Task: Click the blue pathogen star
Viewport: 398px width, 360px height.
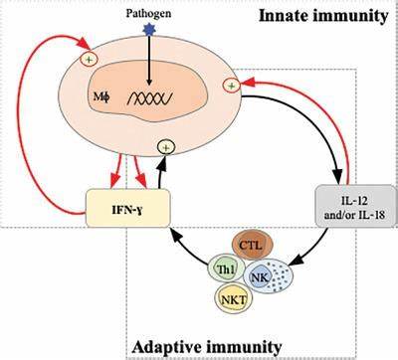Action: (149, 29)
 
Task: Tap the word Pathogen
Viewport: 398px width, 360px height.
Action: (148, 13)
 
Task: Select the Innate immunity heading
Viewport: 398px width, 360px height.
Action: (323, 16)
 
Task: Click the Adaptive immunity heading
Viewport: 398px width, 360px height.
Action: (207, 347)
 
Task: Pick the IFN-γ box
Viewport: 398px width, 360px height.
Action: (128, 208)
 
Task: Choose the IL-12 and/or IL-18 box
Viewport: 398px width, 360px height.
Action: (355, 206)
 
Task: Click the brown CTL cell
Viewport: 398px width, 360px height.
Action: (252, 246)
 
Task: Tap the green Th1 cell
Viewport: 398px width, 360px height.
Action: (227, 270)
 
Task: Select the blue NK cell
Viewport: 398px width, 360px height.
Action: (268, 276)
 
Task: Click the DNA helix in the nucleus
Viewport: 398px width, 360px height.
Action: (150, 98)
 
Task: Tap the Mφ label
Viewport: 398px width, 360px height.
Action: (101, 97)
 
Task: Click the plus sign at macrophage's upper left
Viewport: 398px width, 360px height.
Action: (90, 60)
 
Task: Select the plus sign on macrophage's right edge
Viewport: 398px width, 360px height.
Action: (232, 86)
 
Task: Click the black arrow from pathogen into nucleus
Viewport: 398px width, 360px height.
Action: (149, 60)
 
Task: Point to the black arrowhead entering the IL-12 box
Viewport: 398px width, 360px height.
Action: (338, 176)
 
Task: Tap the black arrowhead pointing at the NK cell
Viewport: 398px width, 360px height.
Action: (298, 260)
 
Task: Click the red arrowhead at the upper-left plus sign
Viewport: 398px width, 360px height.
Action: (84, 44)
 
